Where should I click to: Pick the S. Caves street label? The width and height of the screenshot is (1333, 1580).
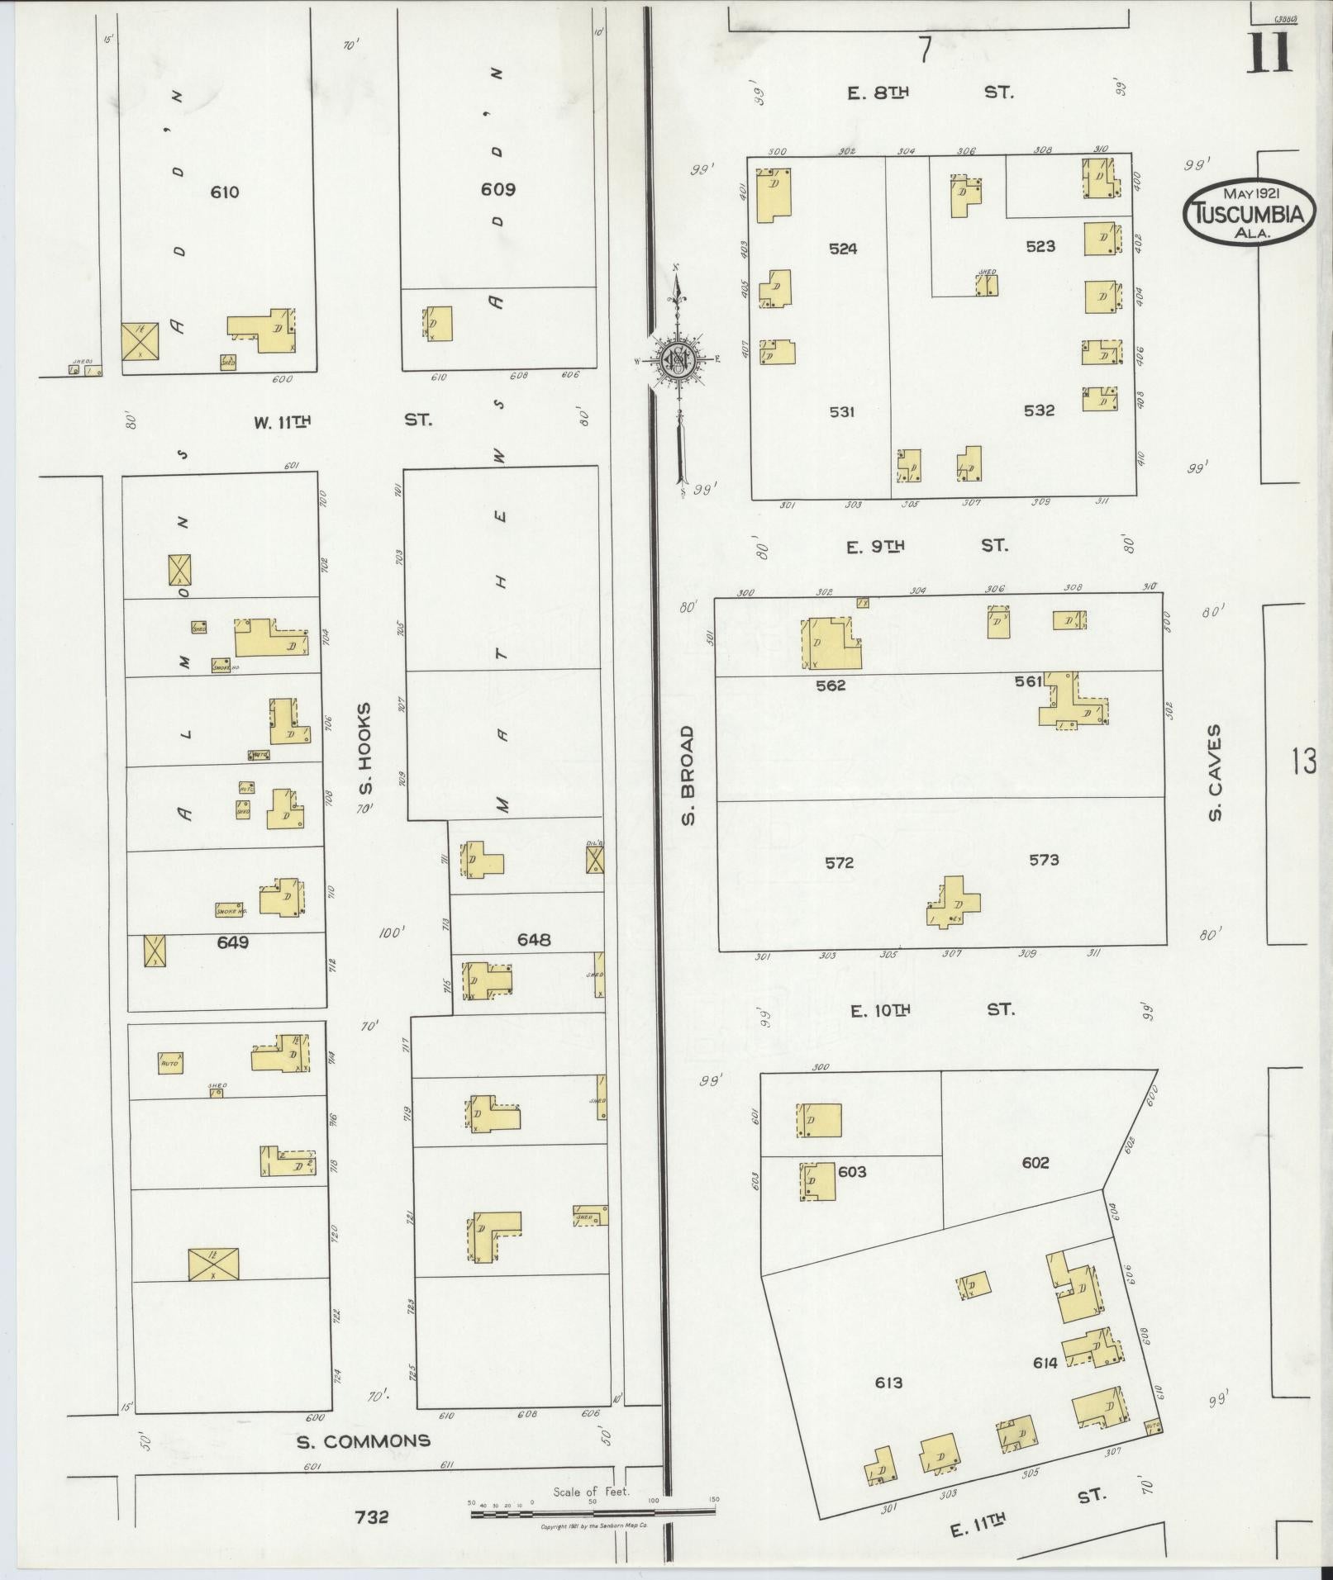pyautogui.click(x=1214, y=774)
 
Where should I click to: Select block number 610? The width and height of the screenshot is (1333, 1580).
pyautogui.click(x=225, y=192)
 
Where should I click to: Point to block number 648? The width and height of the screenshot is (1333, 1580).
pyautogui.click(x=534, y=940)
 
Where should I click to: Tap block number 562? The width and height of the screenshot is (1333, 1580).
pyautogui.click(x=830, y=685)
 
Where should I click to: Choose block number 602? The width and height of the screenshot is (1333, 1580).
pyautogui.click(x=1035, y=1163)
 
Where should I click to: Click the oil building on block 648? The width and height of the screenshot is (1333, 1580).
pyautogui.click(x=594, y=860)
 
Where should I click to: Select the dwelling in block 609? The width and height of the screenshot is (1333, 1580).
pyautogui.click(x=438, y=324)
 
